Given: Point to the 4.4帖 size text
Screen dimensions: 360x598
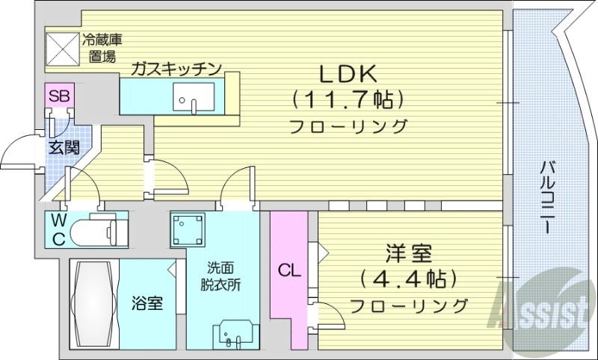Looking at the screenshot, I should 407,279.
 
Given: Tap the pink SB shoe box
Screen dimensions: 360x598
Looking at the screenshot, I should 59,96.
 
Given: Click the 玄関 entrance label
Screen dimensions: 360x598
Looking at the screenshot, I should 64,147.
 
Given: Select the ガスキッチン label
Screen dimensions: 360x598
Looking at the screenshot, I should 176,69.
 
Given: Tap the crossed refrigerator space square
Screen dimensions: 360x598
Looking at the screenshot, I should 63,47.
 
